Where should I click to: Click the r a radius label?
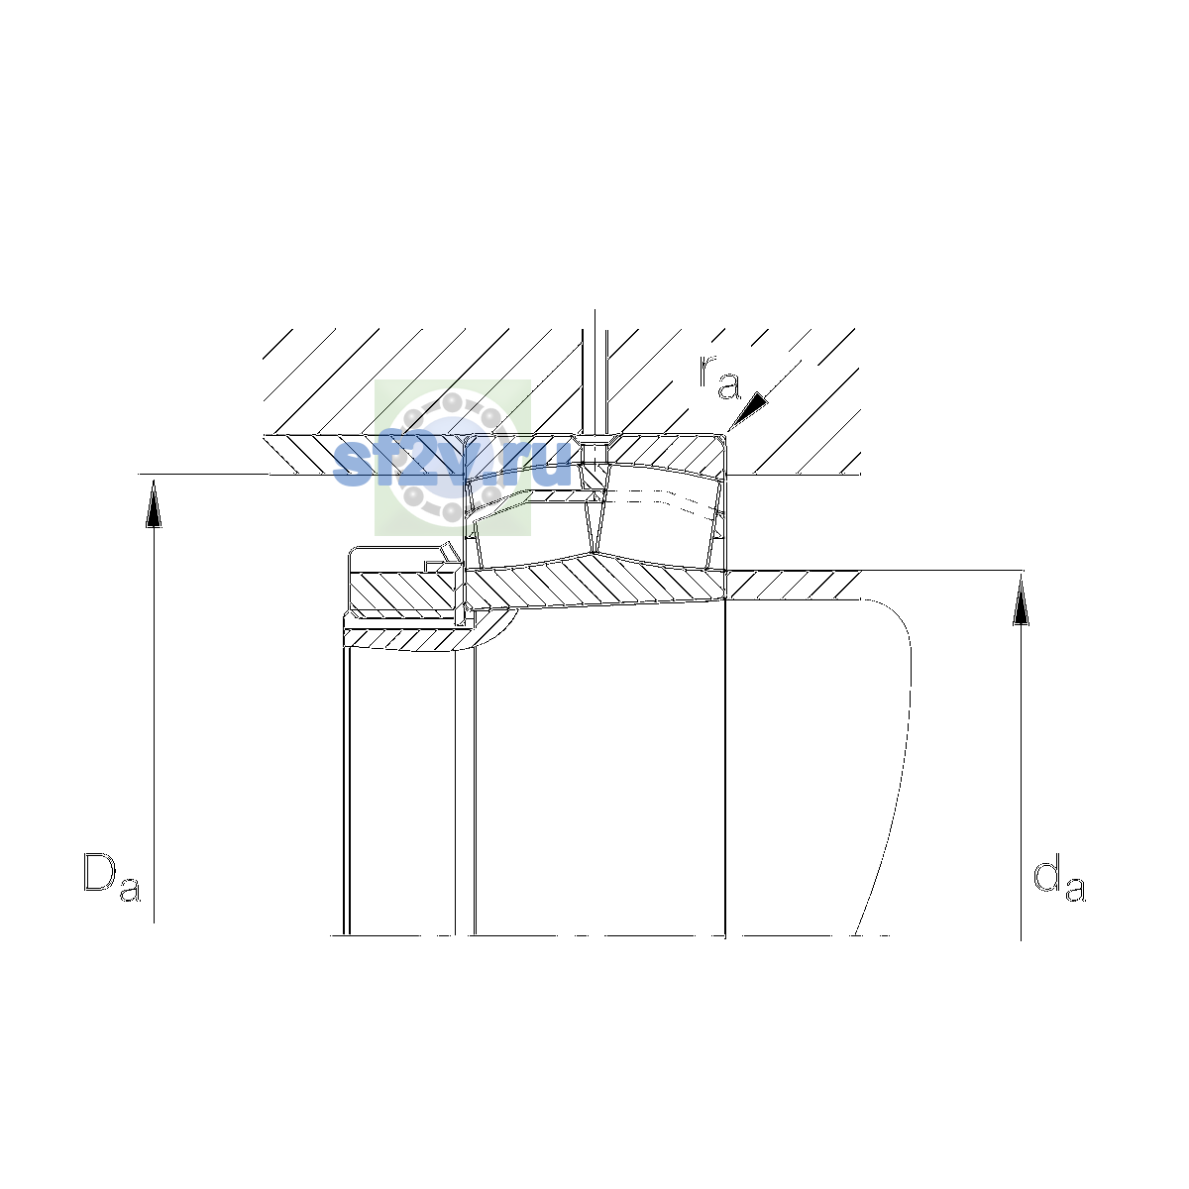(x=719, y=378)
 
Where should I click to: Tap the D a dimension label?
(x=112, y=877)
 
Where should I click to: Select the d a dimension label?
(x=1059, y=878)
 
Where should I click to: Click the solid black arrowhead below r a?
(x=749, y=411)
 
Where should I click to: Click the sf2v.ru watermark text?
(x=452, y=463)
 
